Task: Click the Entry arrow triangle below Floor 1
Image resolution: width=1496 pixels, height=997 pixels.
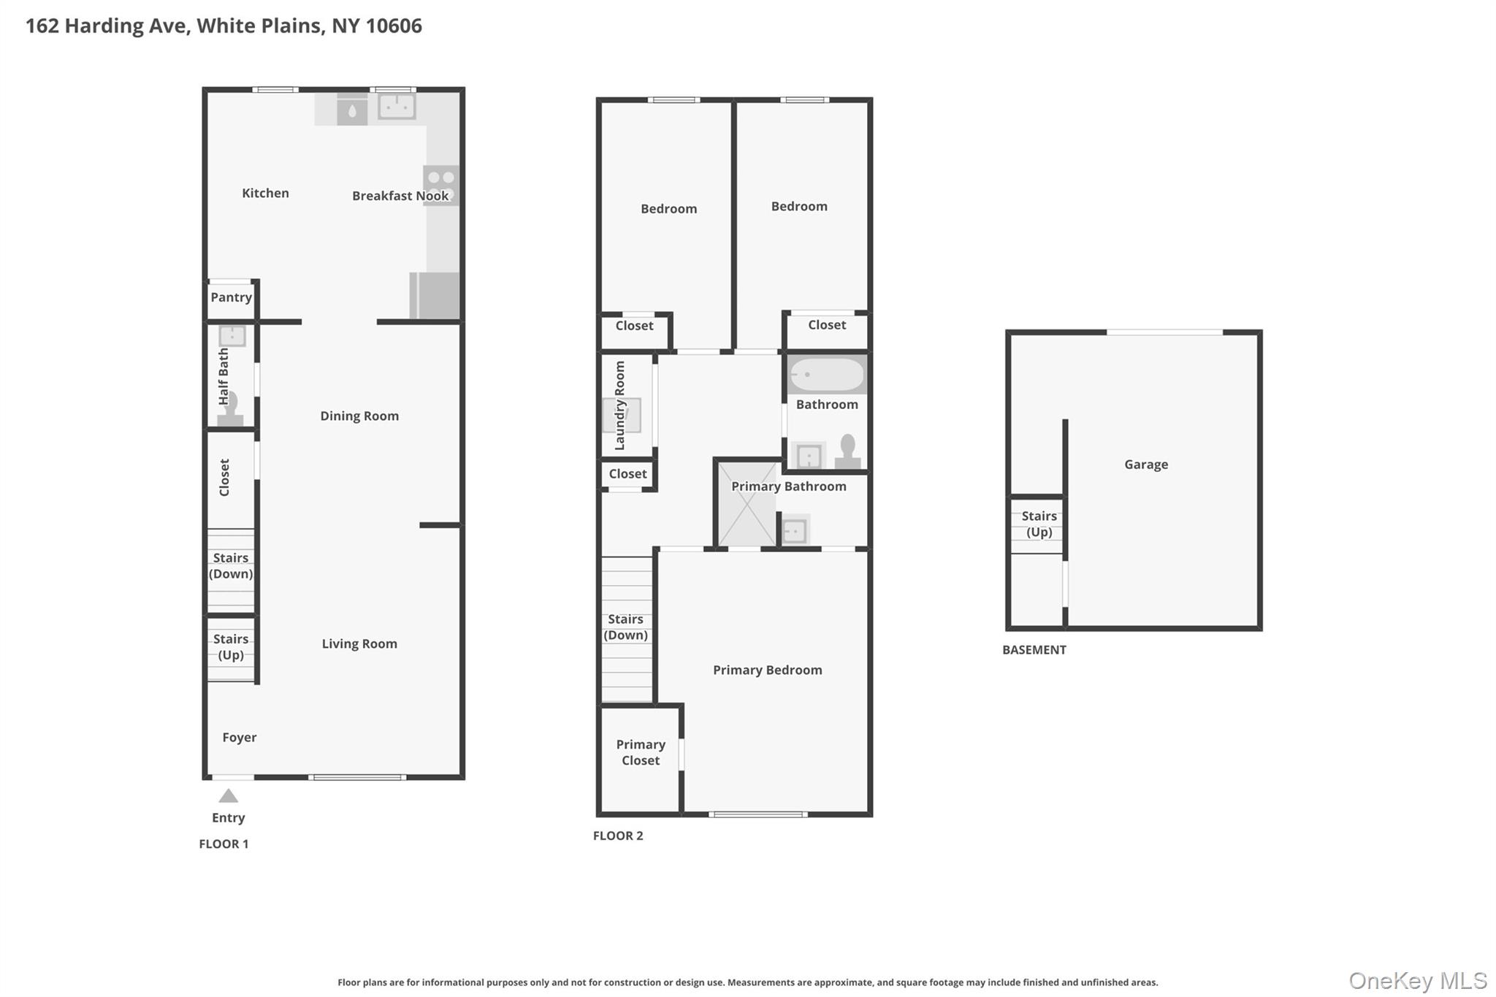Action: [x=229, y=796]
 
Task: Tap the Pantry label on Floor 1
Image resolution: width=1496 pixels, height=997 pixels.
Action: [x=231, y=297]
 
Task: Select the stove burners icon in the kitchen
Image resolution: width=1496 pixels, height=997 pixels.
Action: [x=441, y=185]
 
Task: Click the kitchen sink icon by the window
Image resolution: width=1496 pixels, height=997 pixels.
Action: [x=397, y=107]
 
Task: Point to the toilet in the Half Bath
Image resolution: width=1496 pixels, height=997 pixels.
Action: [x=231, y=409]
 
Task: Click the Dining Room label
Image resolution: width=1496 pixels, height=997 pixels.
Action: [x=359, y=416]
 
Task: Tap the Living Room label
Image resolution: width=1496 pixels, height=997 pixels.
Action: [x=359, y=644]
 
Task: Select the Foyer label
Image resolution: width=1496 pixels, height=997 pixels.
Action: [x=240, y=738]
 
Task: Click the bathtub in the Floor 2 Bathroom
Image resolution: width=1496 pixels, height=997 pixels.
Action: [x=827, y=375]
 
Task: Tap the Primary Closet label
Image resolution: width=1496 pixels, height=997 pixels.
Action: [x=641, y=752]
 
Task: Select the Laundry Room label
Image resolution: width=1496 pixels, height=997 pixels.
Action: [x=620, y=405]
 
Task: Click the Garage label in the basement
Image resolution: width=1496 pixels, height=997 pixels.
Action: [x=1146, y=465]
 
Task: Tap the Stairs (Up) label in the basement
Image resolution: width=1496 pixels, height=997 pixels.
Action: [x=1039, y=524]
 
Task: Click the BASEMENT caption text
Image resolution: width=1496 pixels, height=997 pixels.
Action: [x=1034, y=650]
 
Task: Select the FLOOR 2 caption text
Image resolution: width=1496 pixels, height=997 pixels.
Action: [x=618, y=836]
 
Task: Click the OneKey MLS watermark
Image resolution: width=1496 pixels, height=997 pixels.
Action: [x=1417, y=980]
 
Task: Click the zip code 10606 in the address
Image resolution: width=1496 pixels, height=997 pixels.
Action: [x=394, y=26]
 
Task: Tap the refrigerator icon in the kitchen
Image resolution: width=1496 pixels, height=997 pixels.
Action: [x=435, y=295]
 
